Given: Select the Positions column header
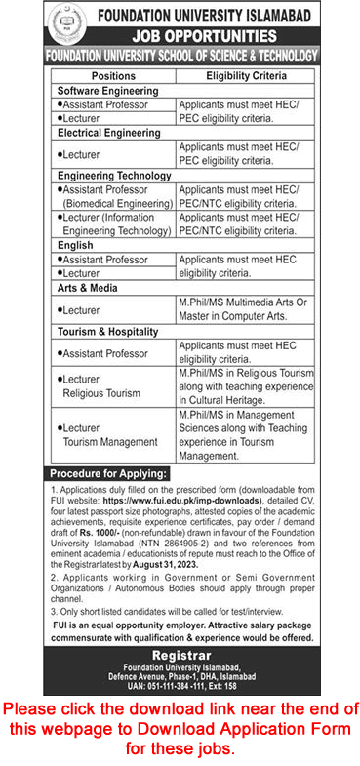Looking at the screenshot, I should tap(113, 74).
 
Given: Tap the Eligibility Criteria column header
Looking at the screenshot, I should tap(246, 74).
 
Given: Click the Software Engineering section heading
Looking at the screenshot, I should tap(107, 90).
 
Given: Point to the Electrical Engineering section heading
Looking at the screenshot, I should tap(108, 132).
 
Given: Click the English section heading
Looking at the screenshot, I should tap(75, 246).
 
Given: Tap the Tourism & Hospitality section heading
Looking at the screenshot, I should tap(107, 331).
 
